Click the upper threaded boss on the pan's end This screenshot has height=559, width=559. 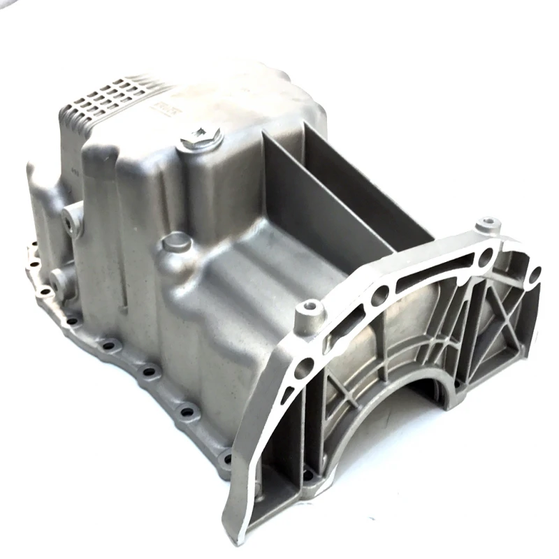70,222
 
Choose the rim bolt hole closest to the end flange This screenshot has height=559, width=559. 225,458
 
